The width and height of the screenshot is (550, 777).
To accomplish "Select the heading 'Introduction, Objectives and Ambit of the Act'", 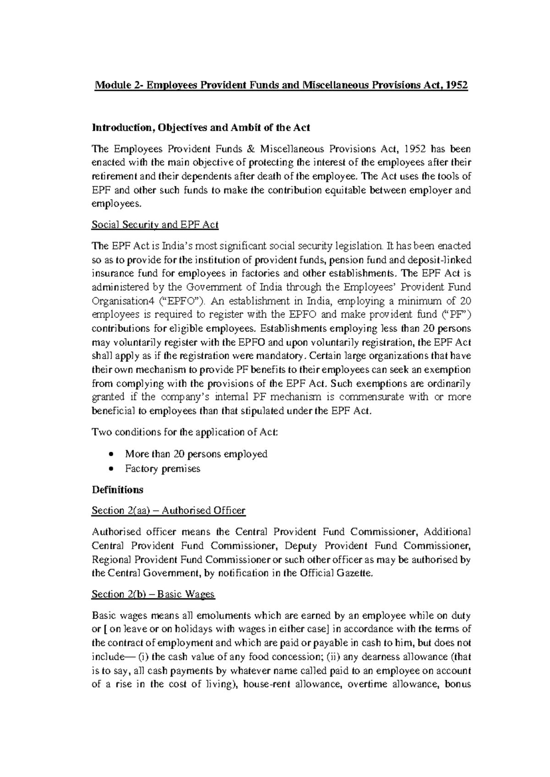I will tap(201, 127).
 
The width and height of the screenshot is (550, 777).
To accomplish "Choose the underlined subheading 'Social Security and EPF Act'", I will tap(155, 225).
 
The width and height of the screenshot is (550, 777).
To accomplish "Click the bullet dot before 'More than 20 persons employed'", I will tap(111, 454).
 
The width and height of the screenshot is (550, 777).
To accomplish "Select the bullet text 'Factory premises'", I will tap(163, 469).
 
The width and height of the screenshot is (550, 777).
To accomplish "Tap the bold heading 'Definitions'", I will tap(117, 490).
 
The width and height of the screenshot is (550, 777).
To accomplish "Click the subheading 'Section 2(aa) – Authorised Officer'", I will tap(168, 510).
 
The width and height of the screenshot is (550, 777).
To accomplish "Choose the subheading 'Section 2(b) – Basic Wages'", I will tap(153, 594).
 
